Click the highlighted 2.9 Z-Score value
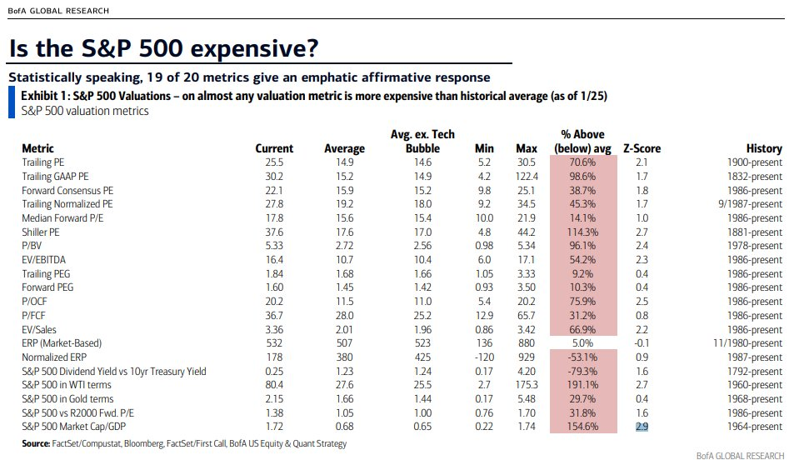(642, 427)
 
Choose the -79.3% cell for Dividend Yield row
(584, 372)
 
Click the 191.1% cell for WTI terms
(583, 386)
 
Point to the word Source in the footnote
(36, 443)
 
